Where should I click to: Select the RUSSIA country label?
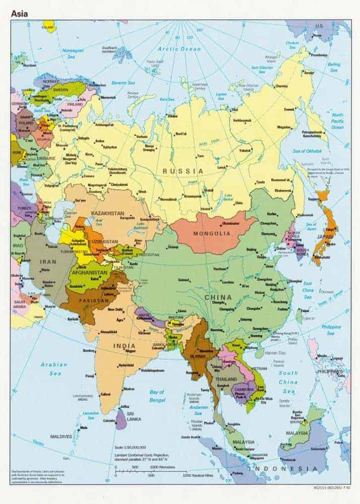[x=183, y=171]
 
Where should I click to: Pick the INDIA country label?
[x=124, y=346]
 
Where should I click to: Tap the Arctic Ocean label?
[x=172, y=49]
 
